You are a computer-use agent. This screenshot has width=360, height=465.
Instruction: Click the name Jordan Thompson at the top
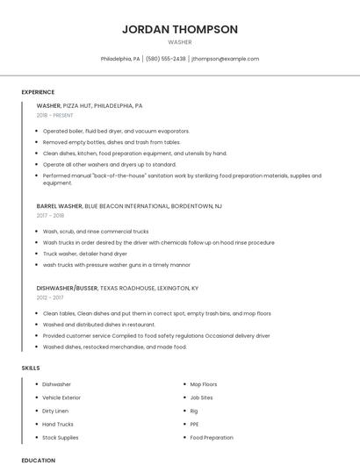pos(180,29)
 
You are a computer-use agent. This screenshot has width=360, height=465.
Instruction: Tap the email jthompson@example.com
pos(226,59)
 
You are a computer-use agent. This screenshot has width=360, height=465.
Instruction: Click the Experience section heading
pos(38,92)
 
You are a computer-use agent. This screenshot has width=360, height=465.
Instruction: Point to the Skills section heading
pos(31,368)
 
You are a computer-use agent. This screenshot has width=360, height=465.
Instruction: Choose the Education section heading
pos(38,460)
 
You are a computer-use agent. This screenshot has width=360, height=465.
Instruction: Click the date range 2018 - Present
pos(55,116)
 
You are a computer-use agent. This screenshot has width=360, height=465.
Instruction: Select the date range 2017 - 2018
pos(50,215)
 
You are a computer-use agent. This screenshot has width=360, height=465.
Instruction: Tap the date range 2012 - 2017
pos(50,297)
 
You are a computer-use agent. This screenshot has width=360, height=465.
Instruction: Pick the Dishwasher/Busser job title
pos(67,288)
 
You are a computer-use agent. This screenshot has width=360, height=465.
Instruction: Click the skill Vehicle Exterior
pos(62,397)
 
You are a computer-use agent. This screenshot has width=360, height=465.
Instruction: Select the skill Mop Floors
pos(204,384)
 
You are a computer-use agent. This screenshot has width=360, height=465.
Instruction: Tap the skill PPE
pos(195,424)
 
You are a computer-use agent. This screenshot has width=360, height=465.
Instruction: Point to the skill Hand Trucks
pos(58,424)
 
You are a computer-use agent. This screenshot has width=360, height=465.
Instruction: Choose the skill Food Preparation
pos(212,437)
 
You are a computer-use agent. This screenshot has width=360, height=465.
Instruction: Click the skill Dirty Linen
pos(55,411)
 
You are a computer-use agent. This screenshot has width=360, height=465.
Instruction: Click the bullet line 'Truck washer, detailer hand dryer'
pos(86,254)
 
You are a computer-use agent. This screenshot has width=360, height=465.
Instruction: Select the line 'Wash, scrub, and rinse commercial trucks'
pos(96,231)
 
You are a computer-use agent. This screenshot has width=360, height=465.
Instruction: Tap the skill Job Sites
pos(200,397)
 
